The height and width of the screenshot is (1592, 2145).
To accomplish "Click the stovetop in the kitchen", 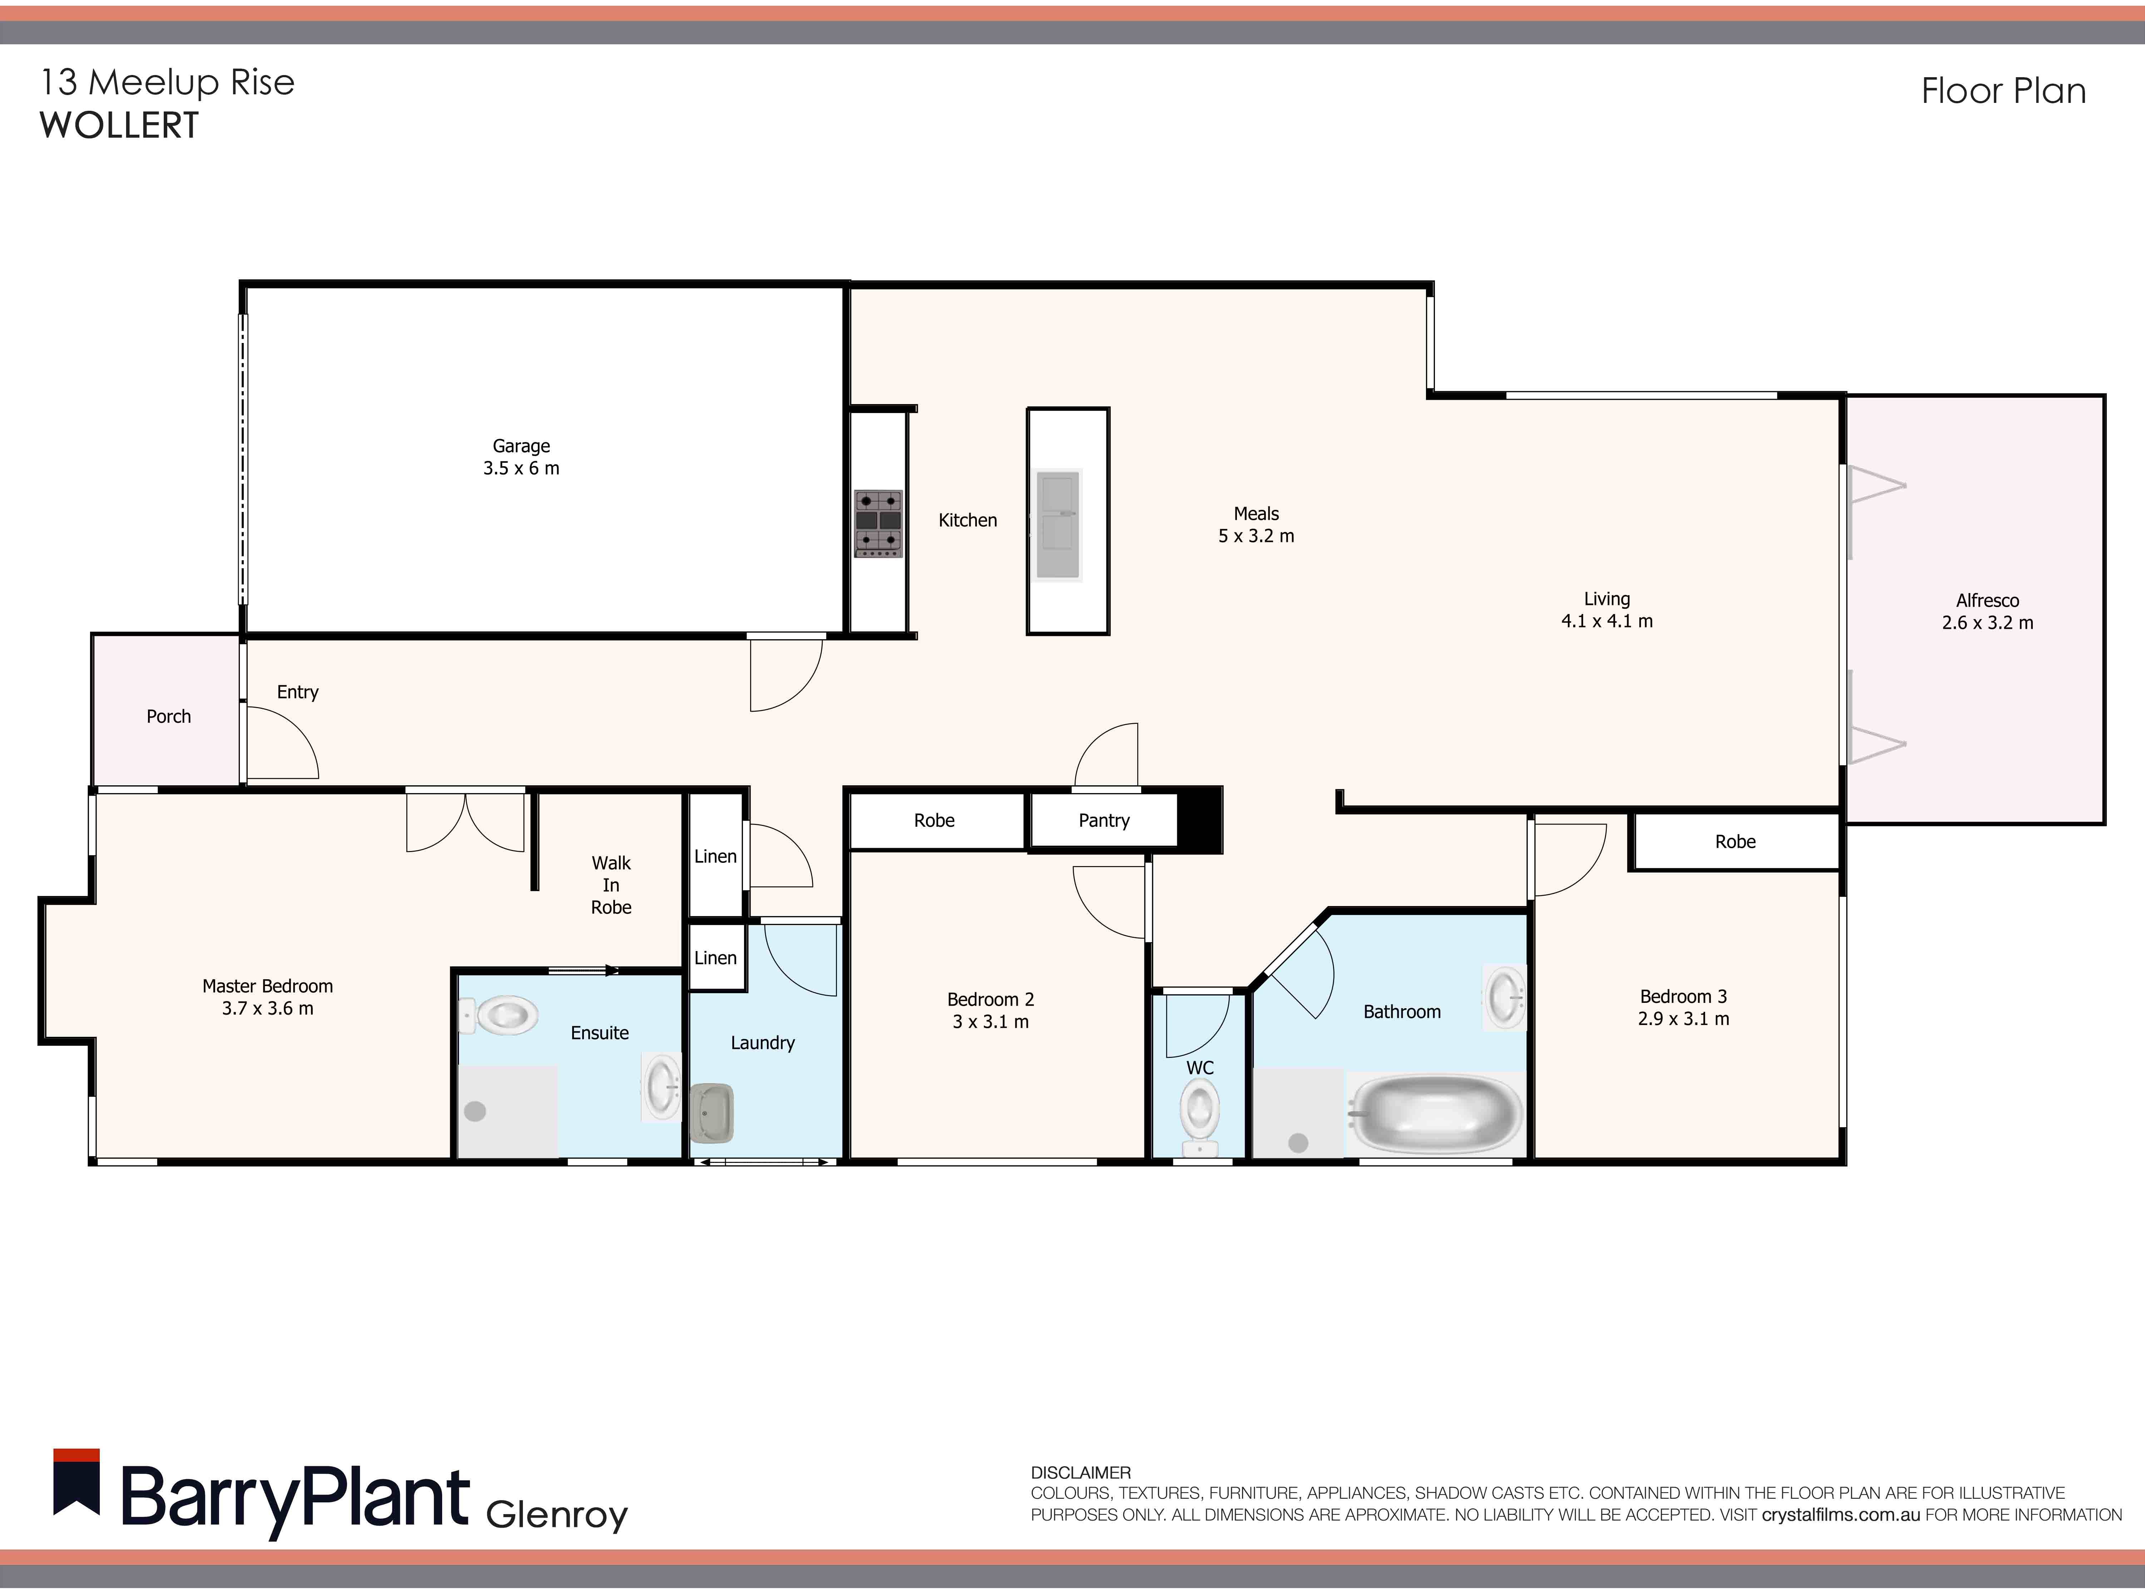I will click(878, 523).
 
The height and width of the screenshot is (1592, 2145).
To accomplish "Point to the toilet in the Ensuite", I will click(502, 1015).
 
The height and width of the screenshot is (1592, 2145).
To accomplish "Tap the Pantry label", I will click(1104, 820).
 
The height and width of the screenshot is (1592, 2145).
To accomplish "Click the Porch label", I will click(169, 716).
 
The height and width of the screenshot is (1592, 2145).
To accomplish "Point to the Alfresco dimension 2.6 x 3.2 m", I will click(1987, 622).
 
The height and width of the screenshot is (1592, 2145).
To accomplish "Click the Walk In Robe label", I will click(611, 885).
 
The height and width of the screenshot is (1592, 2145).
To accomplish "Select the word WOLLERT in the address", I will click(119, 125).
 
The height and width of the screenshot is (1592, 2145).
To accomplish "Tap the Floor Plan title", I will click(2003, 91).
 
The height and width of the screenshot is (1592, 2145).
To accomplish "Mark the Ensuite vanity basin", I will click(662, 1087).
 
